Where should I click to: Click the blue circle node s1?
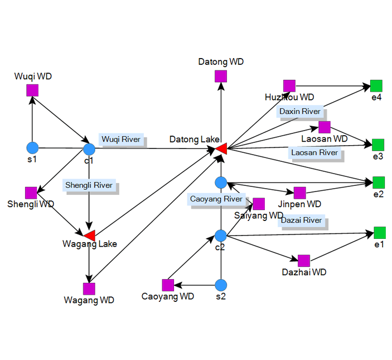32,148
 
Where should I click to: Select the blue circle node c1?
89,149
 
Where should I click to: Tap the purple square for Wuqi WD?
32,90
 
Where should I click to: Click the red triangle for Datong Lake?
221,148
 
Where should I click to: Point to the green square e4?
376,86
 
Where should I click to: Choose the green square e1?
380,232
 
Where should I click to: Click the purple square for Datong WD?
221,76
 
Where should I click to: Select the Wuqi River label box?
121,139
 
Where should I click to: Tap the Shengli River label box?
89,185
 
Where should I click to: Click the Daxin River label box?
300,111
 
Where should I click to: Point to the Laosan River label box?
314,152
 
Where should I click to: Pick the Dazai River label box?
301,220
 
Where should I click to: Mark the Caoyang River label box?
216,199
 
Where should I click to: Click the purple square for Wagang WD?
89,289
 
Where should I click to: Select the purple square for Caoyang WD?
167,285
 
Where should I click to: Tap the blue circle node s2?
221,285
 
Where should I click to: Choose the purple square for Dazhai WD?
304,261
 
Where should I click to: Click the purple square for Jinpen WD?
299,193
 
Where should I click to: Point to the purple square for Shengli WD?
31,193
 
